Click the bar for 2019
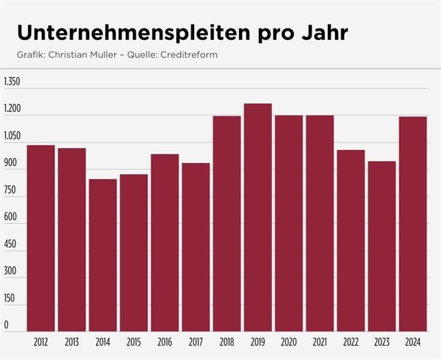(258, 217)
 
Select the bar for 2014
(103, 255)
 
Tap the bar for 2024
(412, 224)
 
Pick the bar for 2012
(41, 238)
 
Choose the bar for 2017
(196, 247)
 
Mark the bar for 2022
(351, 240)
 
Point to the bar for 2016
(165, 242)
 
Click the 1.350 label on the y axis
(11, 82)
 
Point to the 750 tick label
(10, 190)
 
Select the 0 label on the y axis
(6, 325)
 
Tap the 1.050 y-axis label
(11, 136)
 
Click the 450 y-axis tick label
(10, 244)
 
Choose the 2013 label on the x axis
(72, 342)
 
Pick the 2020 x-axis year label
(289, 342)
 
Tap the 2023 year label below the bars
(382, 342)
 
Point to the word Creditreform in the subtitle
(192, 55)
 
